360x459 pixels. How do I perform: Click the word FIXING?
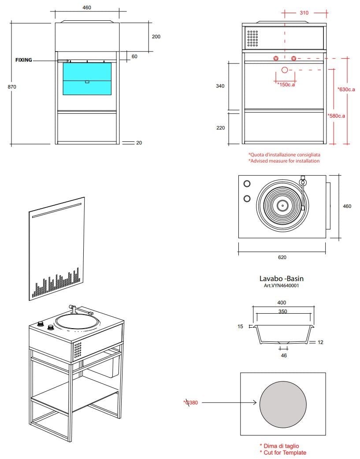(23, 60)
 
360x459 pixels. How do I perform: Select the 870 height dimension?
(12, 87)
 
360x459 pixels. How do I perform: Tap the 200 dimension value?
(156, 37)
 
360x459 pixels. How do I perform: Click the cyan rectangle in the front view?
(87, 78)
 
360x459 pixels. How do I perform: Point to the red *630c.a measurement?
(346, 89)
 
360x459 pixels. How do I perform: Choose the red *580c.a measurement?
(336, 116)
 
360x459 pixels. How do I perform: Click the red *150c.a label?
(286, 85)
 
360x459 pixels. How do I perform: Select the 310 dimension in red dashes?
(304, 13)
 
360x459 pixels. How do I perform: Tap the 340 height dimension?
(220, 86)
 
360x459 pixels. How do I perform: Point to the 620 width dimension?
(282, 257)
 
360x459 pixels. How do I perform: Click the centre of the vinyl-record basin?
(282, 205)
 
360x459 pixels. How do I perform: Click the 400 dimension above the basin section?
(282, 303)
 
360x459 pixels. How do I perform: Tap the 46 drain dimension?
(284, 355)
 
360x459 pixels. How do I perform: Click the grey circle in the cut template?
(283, 403)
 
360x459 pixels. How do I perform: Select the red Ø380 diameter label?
(190, 402)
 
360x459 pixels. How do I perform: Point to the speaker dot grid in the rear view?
(252, 38)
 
